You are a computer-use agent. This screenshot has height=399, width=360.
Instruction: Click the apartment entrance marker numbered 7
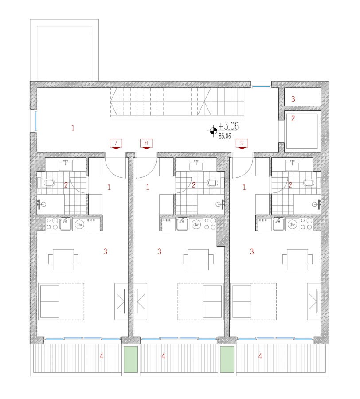pyautogui.click(x=116, y=144)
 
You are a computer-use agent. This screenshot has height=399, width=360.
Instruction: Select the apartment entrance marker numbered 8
pyautogui.click(x=146, y=144)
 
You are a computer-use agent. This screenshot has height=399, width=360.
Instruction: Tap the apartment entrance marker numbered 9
pyautogui.click(x=242, y=144)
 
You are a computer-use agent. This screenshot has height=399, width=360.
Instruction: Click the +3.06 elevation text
pyautogui.click(x=228, y=126)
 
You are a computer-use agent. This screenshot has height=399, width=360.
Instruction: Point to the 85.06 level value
pyautogui.click(x=225, y=136)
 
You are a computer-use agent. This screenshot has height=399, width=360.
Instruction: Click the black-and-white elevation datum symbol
pyautogui.click(x=213, y=131)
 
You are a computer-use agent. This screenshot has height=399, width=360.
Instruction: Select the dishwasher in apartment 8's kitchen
pyautogui.click(x=196, y=224)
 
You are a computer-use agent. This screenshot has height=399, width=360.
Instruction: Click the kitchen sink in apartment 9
pyautogui.click(x=278, y=224)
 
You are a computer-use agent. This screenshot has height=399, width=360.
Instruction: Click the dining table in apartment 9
pyautogui.click(x=297, y=259)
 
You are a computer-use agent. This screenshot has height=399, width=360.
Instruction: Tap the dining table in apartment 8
pyautogui.click(x=199, y=259)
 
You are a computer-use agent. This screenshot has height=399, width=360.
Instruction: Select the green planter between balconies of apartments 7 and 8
pyautogui.click(x=131, y=359)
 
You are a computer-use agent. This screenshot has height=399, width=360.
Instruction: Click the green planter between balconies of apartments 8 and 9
pyautogui.click(x=227, y=359)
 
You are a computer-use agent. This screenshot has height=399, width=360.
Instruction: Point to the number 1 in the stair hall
pyautogui.click(x=73, y=128)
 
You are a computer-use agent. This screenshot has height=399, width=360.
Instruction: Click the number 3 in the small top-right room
pyautogui.click(x=293, y=99)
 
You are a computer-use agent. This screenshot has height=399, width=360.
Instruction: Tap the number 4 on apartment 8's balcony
pyautogui.click(x=163, y=356)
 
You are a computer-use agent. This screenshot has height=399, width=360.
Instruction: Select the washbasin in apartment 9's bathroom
pyautogui.click(x=292, y=165)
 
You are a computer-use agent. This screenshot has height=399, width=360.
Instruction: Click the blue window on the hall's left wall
pyautogui.click(x=36, y=121)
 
